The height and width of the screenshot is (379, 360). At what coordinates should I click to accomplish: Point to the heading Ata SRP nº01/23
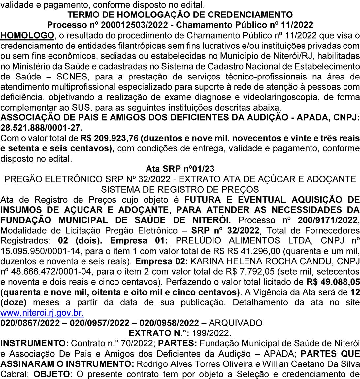click(x=180, y=169)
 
